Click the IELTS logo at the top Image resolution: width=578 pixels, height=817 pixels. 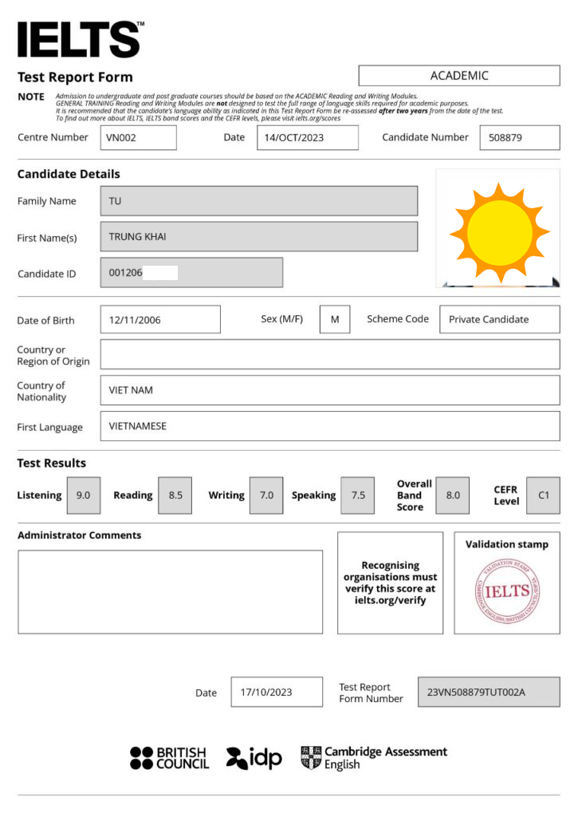pos(79,39)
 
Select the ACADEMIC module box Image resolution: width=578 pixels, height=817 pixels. pos(458,76)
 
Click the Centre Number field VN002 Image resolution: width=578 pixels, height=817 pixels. pos(138,137)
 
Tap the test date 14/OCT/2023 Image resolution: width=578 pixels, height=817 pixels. pos(307,137)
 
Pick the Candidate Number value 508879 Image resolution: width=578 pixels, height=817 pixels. pos(519,137)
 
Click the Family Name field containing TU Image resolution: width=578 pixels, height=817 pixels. pos(258,201)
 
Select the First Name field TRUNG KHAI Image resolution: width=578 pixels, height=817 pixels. pos(258,236)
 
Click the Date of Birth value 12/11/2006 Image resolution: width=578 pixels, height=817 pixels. pos(159,319)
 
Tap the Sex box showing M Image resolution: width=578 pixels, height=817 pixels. pos(335,319)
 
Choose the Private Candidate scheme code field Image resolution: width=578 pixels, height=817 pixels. pos(499,319)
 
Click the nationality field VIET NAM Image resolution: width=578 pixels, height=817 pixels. pos(329,390)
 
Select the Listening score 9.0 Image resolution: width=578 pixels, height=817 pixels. pos(84,495)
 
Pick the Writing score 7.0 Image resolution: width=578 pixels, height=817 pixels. pos(266,495)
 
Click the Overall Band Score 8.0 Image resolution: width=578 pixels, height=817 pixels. pos(453,495)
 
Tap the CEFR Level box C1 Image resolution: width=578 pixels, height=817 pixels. pos(544,495)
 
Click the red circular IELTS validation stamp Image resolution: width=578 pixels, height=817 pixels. pos(507,590)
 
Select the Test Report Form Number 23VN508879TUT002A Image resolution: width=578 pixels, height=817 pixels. pos(488,692)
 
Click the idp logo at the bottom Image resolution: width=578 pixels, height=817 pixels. pos(254,758)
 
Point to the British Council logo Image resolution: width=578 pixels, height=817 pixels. pos(169,758)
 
